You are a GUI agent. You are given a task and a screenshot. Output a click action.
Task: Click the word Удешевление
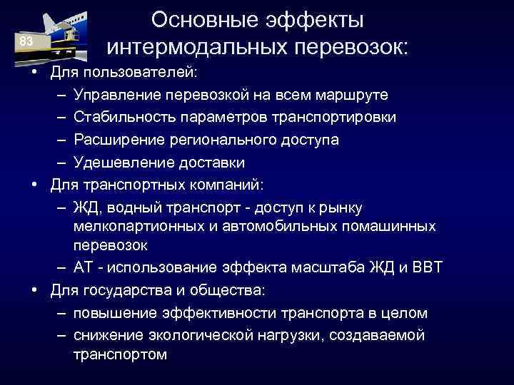pos(119,163)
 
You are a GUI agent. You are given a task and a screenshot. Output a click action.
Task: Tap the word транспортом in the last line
pos(120,354)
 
